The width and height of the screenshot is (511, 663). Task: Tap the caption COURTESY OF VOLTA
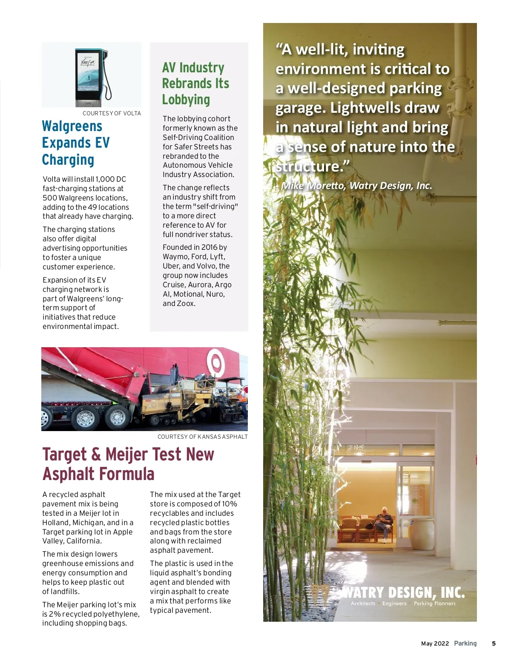[112, 113]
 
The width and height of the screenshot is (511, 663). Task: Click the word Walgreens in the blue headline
[72, 126]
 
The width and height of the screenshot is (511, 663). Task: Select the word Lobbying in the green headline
[186, 100]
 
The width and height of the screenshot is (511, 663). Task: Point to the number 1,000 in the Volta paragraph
[105, 179]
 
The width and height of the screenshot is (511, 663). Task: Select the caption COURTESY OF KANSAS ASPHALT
[202, 437]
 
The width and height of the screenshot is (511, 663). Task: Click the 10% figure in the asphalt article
[230, 504]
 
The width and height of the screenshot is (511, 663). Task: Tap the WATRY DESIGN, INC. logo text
[402, 592]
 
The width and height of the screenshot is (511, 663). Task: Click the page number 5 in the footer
[494, 643]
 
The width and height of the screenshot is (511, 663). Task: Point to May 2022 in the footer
[435, 643]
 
